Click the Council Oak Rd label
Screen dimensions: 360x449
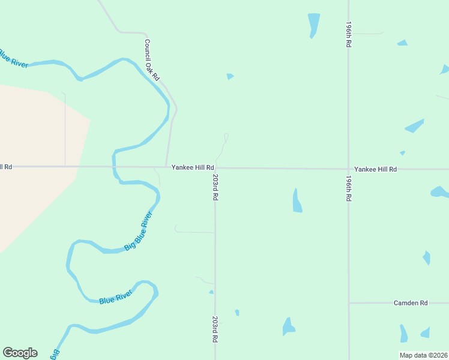[x=152, y=61]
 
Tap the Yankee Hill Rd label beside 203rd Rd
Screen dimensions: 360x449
[x=193, y=168]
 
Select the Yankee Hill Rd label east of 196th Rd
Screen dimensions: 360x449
[x=375, y=170]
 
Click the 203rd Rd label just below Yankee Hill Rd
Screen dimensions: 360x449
[x=214, y=188]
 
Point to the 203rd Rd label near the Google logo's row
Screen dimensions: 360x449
[x=214, y=329]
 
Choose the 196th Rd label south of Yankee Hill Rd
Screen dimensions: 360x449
[x=348, y=188]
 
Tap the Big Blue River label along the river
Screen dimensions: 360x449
[x=138, y=231]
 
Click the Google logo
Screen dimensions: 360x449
[x=20, y=353]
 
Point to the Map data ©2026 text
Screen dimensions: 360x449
[x=424, y=355]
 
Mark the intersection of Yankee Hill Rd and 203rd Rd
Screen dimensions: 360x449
[x=215, y=169]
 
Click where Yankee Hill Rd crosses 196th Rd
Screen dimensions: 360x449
[x=348, y=169]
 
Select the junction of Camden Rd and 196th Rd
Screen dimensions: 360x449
[x=349, y=303]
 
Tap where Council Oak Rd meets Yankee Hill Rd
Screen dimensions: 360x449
[x=166, y=167]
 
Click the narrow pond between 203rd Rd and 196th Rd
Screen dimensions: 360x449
[x=297, y=201]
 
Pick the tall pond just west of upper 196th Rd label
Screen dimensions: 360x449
[x=313, y=25]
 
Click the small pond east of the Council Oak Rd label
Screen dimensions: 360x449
[x=230, y=76]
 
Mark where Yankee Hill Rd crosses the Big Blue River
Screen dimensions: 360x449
[x=113, y=167]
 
